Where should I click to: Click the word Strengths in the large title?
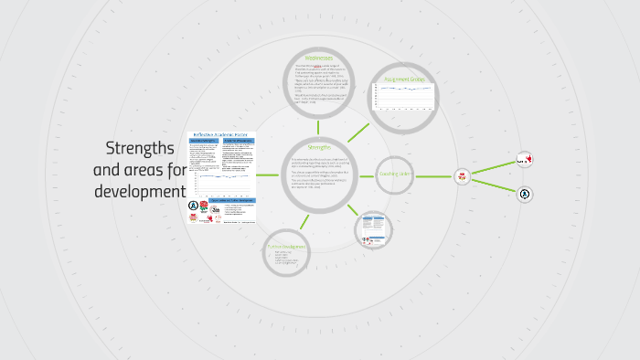tap(139, 148)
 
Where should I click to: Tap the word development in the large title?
tap(139, 192)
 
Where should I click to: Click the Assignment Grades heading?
tap(404, 80)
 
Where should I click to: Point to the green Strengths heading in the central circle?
tap(319, 148)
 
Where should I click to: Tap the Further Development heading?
tap(286, 247)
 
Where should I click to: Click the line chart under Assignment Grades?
tap(404, 96)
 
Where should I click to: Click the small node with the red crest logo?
tap(462, 175)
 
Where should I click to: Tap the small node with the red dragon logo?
tap(524, 159)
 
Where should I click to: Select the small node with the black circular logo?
tap(525, 194)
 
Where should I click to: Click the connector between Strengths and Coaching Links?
tap(368, 175)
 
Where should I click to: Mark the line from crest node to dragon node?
tap(494, 167)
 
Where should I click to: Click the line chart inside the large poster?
tap(220, 179)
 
